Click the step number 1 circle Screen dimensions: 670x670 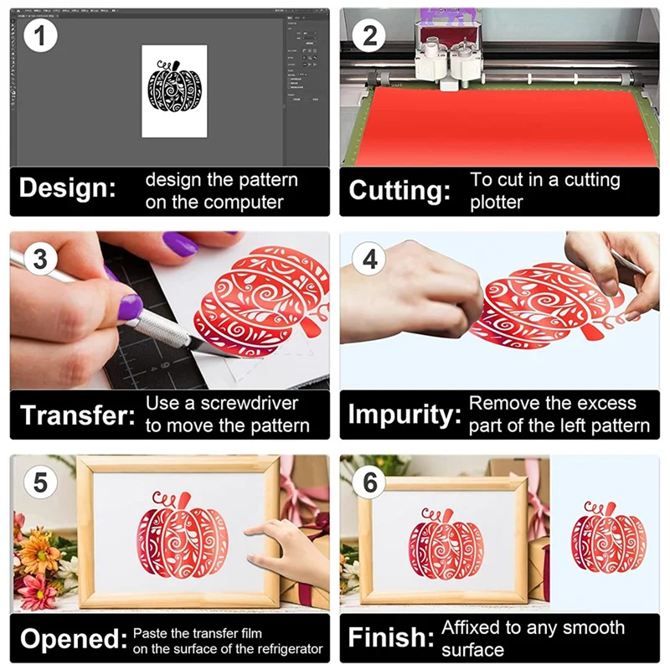pos(40,35)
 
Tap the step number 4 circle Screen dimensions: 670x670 pos(369,259)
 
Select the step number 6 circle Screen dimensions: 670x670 pos(369,482)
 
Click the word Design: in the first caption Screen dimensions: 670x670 pos(68,188)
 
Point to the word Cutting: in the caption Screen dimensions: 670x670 pos(399,190)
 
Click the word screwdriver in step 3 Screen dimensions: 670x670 pos(249,404)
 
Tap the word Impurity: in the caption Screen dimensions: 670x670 pos(405,415)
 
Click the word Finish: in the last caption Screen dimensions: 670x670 pos(391,637)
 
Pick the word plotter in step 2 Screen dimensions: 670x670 pos(497,202)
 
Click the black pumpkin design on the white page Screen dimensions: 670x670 pos(174,87)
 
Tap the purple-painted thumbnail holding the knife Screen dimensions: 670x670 pos(130,306)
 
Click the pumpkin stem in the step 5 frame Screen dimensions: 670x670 pos(184,499)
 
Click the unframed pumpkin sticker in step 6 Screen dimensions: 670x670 pos(609,538)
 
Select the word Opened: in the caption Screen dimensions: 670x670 pos(74,639)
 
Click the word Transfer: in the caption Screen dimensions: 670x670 pos(77,415)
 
